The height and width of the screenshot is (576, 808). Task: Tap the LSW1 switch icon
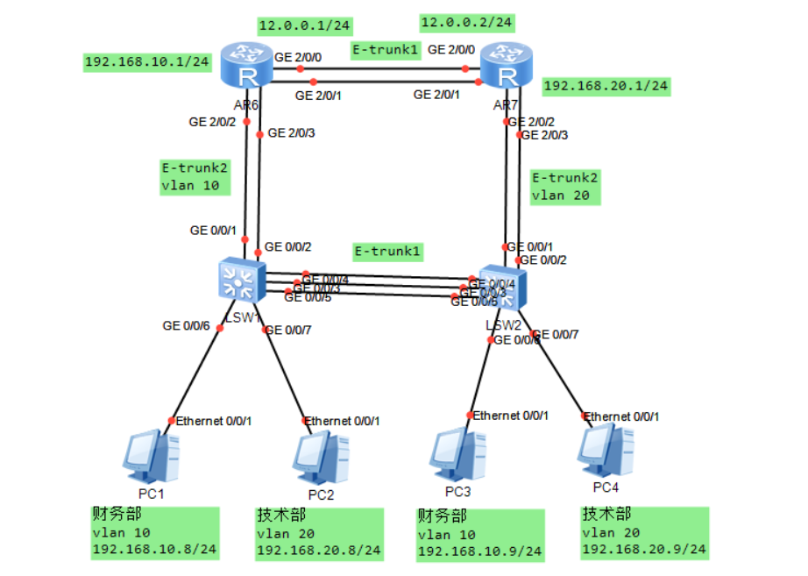pyautogui.click(x=237, y=281)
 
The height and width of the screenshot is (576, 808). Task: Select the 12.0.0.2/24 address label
pyautogui.click(x=467, y=21)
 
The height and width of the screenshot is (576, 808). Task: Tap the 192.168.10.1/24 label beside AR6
pyautogui.click(x=146, y=61)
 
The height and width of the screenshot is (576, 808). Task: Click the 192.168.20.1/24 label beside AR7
pyautogui.click(x=606, y=86)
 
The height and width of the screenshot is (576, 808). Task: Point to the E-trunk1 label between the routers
pyautogui.click(x=386, y=49)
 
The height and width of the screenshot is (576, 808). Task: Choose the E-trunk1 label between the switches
pyautogui.click(x=387, y=252)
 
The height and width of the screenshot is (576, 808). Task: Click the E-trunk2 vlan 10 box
pyautogui.click(x=194, y=176)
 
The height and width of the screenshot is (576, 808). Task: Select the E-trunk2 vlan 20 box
pyautogui.click(x=565, y=187)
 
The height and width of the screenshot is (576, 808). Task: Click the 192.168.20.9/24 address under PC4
pyautogui.click(x=642, y=550)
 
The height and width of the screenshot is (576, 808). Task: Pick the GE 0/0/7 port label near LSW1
pyautogui.click(x=287, y=331)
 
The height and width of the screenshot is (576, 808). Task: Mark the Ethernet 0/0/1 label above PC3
pyautogui.click(x=511, y=415)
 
